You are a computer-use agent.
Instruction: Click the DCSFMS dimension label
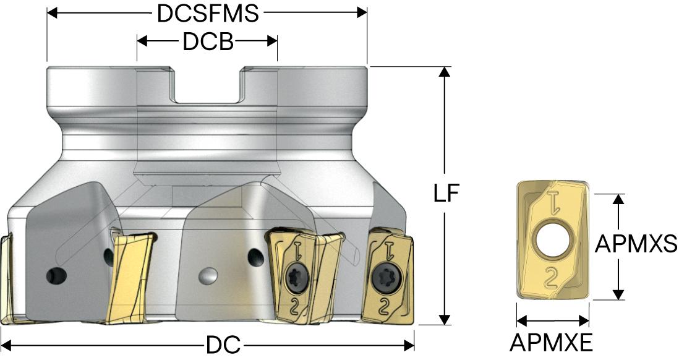pos(207,14)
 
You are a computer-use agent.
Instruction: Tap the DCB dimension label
pos(208,42)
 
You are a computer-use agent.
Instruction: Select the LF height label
pos(446,193)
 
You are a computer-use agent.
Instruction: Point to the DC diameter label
pos(223,345)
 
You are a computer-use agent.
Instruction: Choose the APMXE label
pos(551,343)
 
